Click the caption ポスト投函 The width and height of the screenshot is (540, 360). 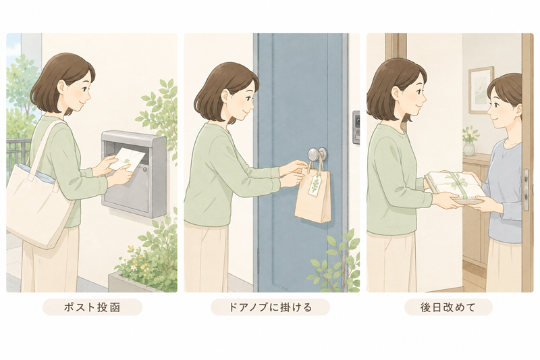pos(92,307)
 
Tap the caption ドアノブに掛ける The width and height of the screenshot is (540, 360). pos(270,307)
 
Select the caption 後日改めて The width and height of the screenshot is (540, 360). pos(448,307)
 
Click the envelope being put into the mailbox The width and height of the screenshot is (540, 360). pos(127,159)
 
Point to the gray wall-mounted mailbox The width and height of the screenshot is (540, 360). pos(134,174)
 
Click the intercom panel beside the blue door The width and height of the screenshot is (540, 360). pos(356,127)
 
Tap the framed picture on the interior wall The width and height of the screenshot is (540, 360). pos(481,91)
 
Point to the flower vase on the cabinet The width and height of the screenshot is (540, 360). pos(469,148)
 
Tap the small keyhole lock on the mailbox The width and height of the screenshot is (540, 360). pos(145,169)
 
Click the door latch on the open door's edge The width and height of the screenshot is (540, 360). pos(526,189)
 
